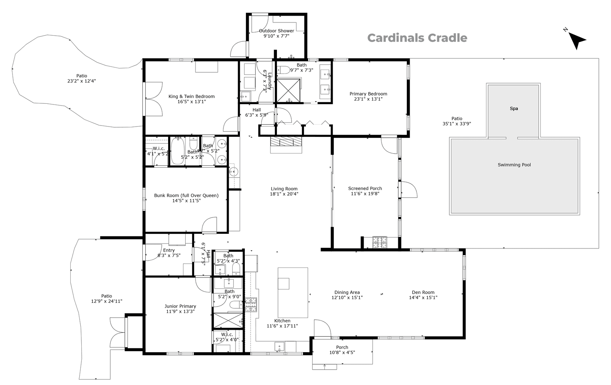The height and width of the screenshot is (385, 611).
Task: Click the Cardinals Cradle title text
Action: pos(417,38)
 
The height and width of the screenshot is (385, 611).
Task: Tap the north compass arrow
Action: pos(576,41)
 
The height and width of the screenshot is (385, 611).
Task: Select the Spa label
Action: pos(514,109)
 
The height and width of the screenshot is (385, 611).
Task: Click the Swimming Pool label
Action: pos(514,165)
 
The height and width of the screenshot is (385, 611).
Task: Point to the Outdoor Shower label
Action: pos(276,31)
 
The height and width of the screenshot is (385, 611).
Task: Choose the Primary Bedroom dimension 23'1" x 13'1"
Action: pos(368,99)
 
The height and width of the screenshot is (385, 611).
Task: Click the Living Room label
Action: pos(284,189)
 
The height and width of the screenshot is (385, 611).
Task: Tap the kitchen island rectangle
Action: pos(293,292)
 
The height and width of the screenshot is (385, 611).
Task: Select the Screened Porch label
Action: pos(365,189)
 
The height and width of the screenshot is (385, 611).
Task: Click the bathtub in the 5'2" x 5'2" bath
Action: pos(177,151)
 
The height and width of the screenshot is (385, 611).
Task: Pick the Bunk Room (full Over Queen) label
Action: pos(186,195)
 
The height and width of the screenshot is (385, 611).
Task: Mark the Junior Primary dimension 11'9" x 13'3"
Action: pos(180,312)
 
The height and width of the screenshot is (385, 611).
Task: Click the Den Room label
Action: pos(423,292)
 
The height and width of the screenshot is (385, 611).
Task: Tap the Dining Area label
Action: pos(347,292)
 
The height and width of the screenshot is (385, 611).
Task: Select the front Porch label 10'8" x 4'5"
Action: pos(342,347)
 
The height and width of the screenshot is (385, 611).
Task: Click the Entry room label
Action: pos(169,250)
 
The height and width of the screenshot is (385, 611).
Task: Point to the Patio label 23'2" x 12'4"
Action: pos(81,76)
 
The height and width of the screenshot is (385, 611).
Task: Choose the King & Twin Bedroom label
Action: pos(191,96)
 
